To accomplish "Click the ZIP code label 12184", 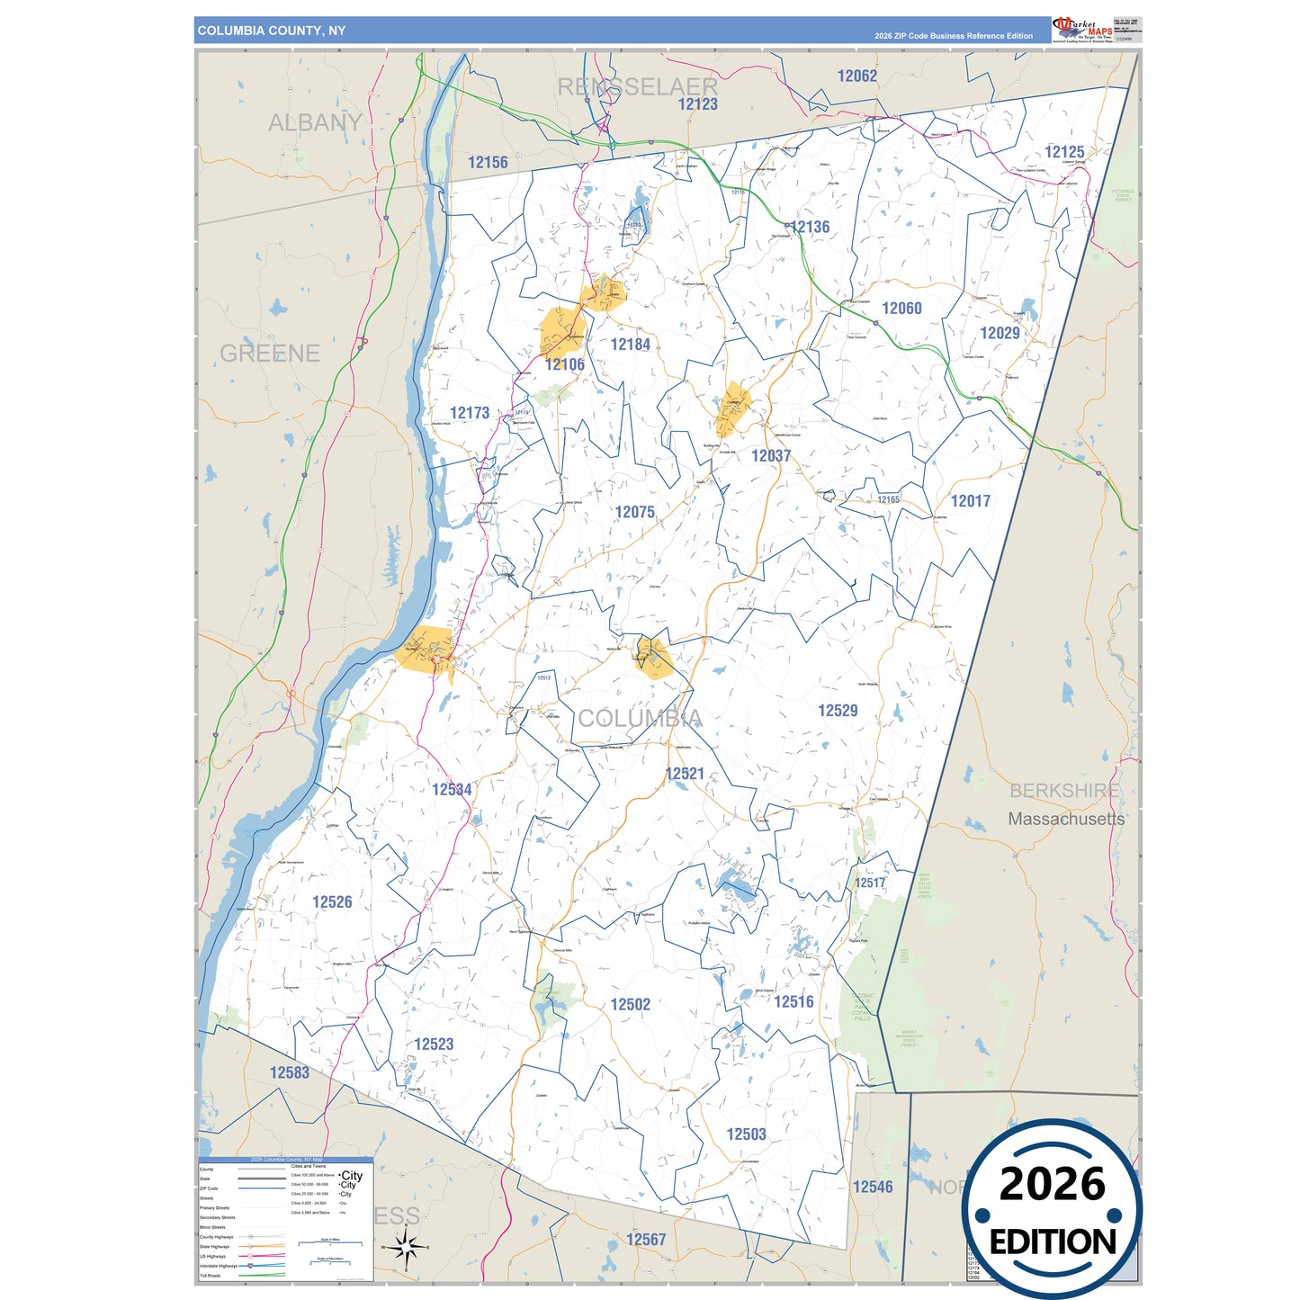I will (630, 345).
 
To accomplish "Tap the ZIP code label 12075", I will (634, 512).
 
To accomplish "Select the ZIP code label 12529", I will (837, 711).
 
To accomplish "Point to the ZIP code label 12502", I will (630, 1005).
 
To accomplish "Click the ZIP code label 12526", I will (332, 902).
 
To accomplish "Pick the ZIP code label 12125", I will (1064, 152).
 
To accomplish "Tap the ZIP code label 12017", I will (970, 501).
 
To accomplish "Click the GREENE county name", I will (270, 354).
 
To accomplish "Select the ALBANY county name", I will (315, 122).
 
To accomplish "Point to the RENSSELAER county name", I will (637, 87).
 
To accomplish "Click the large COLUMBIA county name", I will (640, 718).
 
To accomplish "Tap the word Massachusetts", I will (1066, 819).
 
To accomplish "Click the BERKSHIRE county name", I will (1064, 791).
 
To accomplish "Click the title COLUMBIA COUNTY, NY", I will (271, 31).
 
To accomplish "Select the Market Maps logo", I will (1082, 29).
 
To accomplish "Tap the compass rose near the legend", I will (406, 1248).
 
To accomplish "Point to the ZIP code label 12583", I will (289, 1072).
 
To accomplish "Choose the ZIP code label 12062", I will (856, 76).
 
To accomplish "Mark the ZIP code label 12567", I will (646, 1240).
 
